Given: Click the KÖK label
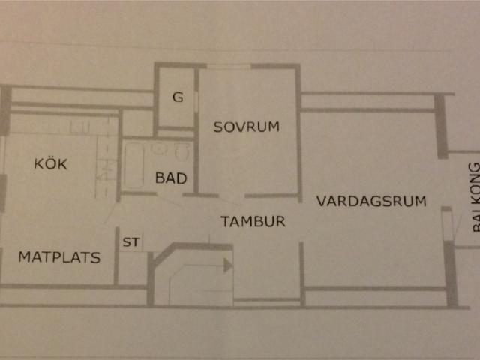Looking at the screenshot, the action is click(51, 163).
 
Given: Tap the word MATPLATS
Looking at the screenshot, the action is click(59, 256).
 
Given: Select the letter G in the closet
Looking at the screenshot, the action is click(178, 97).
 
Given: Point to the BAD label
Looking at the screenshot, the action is click(171, 178).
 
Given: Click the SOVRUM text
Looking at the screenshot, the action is click(247, 127).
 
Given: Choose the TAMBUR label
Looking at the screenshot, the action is click(253, 221).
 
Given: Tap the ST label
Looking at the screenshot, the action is click(131, 241).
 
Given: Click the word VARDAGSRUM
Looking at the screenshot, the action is click(371, 201).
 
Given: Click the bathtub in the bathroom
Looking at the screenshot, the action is click(133, 166).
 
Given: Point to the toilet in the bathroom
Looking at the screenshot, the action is click(181, 152).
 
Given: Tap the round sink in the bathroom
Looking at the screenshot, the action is click(158, 148).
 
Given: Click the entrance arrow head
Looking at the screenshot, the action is click(228, 265).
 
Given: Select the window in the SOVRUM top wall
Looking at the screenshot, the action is click(229, 66).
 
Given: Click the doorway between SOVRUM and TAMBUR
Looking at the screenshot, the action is click(232, 196).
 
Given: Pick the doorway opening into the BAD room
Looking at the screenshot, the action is click(170, 195).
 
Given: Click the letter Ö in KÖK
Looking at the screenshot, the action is click(51, 163).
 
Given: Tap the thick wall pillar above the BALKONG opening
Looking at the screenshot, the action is click(441, 126).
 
